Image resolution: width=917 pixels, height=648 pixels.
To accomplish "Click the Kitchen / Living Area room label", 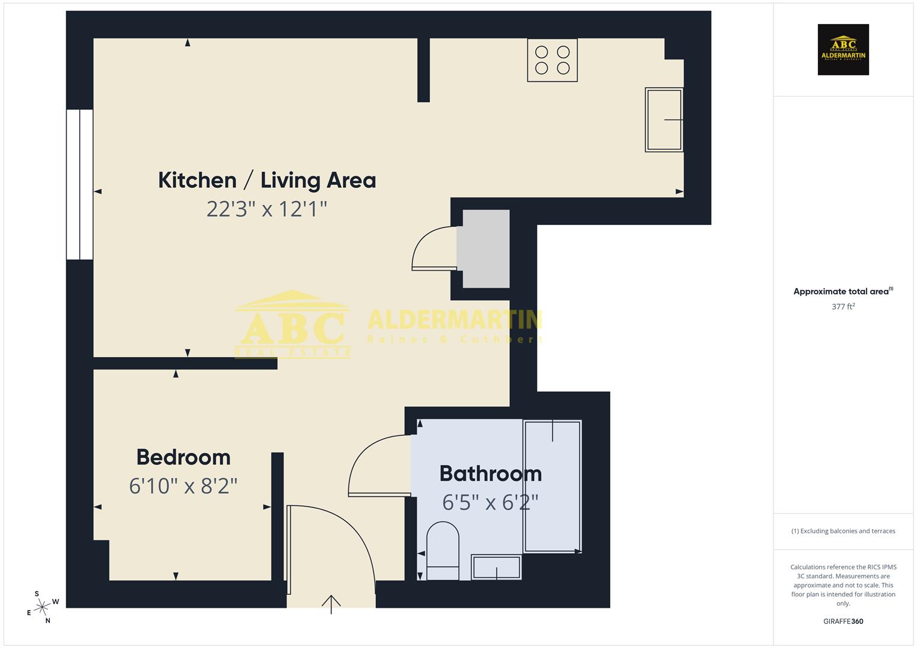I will [x=267, y=180].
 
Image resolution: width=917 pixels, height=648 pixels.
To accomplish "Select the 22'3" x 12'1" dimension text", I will [x=267, y=209].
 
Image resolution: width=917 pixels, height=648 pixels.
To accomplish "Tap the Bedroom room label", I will [x=183, y=457].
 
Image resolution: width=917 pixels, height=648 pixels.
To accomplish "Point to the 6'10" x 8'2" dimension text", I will [x=183, y=485].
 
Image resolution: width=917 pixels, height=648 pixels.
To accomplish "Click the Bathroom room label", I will [x=491, y=473].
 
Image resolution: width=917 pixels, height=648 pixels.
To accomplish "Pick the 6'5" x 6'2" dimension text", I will [x=490, y=502].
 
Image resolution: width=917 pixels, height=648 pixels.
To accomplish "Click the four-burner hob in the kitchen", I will [x=552, y=60].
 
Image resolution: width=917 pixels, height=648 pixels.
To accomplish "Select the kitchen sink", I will [x=664, y=119].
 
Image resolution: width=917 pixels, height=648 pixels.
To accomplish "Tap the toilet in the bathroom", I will [x=443, y=551].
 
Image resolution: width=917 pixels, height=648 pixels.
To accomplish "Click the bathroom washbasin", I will [x=496, y=567].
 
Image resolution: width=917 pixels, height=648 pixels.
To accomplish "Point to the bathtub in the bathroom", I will [x=552, y=486].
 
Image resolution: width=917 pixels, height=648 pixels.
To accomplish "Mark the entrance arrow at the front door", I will [x=331, y=603].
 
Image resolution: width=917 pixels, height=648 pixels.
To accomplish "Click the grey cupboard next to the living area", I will [x=483, y=248].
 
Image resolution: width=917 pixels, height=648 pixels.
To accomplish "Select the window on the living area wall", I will [x=80, y=184].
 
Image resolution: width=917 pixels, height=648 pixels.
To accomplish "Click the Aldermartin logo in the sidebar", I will [x=843, y=50].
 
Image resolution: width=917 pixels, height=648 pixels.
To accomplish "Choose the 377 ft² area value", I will [x=843, y=307].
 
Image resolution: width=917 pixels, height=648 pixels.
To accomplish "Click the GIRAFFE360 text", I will [x=843, y=622].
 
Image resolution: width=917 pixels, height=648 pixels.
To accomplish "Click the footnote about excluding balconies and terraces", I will [x=843, y=531].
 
